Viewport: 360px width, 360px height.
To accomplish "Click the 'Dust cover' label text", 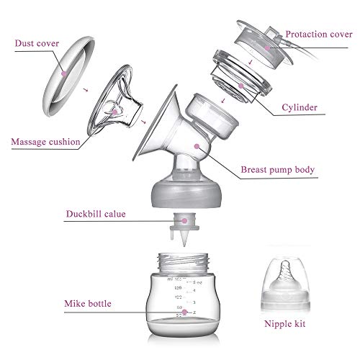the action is (37, 43).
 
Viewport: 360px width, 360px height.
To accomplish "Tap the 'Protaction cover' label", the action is (319, 35).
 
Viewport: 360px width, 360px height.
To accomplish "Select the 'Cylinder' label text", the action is (300, 107).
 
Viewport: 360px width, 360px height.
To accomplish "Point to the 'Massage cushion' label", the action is (45, 142).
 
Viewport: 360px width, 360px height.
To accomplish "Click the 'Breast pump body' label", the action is (277, 170).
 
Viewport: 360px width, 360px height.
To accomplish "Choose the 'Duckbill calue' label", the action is (96, 214).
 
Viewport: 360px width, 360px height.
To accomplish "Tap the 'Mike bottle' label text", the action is (88, 304).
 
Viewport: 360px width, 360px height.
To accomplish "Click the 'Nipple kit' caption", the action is (284, 324).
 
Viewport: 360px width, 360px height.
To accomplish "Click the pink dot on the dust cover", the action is (64, 73).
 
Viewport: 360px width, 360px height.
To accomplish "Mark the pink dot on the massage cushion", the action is (115, 112).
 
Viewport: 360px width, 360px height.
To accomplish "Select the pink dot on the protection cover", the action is (267, 48).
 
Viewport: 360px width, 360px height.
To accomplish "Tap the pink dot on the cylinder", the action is (241, 86).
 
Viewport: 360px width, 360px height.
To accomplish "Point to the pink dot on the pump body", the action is (197, 146).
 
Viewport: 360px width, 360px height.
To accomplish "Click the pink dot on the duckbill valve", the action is (184, 220).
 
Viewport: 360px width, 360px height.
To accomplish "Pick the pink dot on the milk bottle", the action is (184, 312).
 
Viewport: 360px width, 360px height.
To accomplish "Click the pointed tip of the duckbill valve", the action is (184, 246).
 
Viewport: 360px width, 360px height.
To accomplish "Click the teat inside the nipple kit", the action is (285, 274).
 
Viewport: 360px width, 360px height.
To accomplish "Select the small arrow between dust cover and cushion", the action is (86, 90).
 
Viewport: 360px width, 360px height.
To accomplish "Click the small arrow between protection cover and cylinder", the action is (251, 62).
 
